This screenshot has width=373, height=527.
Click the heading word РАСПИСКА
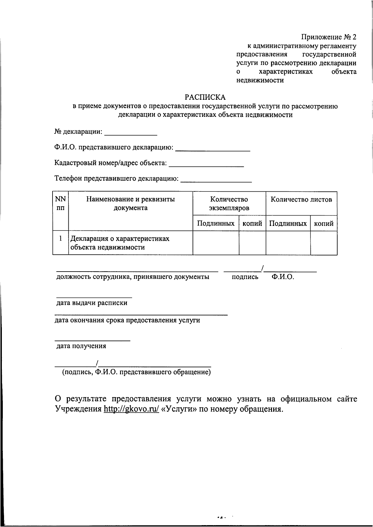[x=205, y=97]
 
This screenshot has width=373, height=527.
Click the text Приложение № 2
[x=329, y=37]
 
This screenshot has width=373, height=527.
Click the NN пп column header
[x=61, y=204]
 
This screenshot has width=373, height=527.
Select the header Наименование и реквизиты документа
[x=131, y=204]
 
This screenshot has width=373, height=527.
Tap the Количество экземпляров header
[x=229, y=204]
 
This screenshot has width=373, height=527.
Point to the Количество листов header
[x=301, y=199]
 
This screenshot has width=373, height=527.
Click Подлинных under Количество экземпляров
[x=216, y=223]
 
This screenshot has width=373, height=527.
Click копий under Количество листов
[x=324, y=223]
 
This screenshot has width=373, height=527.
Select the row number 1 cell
[x=61, y=239]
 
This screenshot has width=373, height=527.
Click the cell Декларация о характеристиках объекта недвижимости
[x=120, y=243]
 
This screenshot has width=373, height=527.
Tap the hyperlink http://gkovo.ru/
[x=131, y=409]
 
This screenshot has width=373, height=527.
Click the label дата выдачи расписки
[x=92, y=303]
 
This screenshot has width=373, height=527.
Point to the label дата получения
[x=81, y=346]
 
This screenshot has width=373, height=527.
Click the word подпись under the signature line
[x=245, y=277]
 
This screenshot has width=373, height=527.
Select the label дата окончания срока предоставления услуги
[x=127, y=320]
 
